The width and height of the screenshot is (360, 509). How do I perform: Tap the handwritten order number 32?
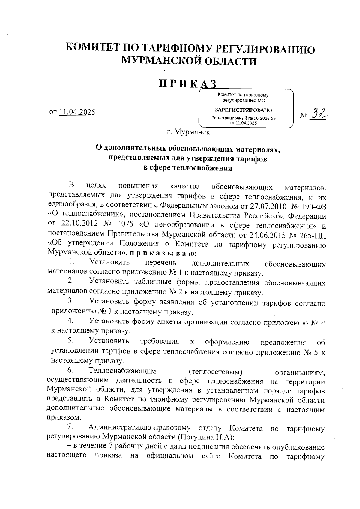click(x=318, y=113)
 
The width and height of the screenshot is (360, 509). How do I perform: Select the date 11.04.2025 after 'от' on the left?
click(x=77, y=112)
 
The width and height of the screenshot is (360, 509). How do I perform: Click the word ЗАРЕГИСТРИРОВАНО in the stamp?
click(x=244, y=110)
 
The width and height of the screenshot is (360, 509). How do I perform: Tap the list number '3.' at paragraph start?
click(x=71, y=300)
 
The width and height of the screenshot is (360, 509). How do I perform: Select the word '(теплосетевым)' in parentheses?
click(x=215, y=372)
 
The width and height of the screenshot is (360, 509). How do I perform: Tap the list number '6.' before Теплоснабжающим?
click(x=71, y=371)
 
